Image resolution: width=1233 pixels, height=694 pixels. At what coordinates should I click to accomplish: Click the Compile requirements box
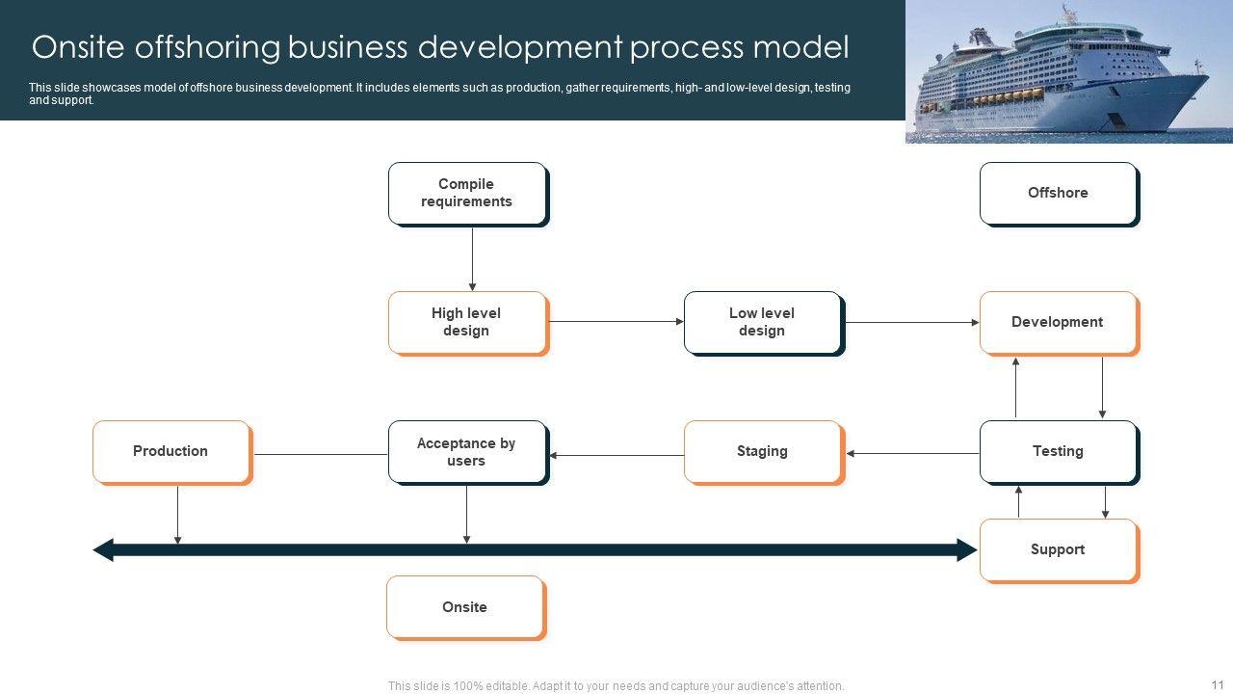tap(467, 194)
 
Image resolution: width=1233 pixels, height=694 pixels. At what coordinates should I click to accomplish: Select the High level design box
tap(467, 323)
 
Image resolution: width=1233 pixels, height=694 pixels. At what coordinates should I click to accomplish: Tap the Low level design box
tap(763, 323)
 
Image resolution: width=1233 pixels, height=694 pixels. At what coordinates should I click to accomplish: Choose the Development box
tap(1059, 323)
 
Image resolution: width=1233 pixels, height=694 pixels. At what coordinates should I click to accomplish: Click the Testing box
tap(1059, 452)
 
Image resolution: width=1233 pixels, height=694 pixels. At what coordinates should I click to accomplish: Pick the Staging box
tap(763, 452)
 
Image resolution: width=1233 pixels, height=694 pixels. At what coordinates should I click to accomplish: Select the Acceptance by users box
tap(467, 452)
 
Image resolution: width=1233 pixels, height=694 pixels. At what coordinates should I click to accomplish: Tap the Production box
tap(171, 452)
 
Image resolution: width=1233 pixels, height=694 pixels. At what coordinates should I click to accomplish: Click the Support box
tap(1059, 550)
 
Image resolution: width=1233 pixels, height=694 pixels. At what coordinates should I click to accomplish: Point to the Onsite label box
tap(465, 607)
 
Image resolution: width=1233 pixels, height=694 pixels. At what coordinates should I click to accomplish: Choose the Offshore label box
tap(1059, 194)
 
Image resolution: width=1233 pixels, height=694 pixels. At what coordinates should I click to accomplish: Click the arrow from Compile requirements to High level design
tap(472, 258)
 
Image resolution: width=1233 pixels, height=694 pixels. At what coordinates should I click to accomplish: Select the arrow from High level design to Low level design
tap(616, 322)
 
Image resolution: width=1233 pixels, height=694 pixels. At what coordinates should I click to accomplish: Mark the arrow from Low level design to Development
tap(911, 323)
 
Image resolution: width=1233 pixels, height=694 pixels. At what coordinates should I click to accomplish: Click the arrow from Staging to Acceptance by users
tap(616, 455)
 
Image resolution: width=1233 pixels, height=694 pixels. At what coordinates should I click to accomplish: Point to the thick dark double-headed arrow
tap(536, 550)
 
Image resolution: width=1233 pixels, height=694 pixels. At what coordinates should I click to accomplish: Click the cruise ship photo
tap(1068, 71)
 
